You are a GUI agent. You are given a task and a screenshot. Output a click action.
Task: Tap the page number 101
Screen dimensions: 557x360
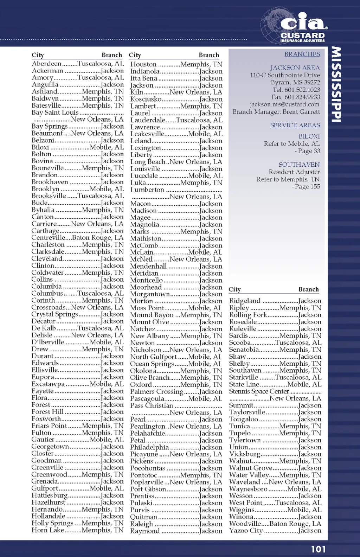tap(318, 549)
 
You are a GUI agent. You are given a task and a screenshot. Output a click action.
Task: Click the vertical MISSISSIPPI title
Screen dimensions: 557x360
tap(336, 84)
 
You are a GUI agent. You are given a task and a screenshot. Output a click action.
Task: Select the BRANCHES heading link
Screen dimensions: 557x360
tap(302, 54)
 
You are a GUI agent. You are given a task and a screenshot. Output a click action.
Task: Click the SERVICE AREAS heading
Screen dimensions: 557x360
tap(295, 125)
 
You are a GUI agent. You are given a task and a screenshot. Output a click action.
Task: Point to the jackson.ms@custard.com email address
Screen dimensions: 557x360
tap(285, 104)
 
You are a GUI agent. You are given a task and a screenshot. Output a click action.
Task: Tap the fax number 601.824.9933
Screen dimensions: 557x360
tap(302, 97)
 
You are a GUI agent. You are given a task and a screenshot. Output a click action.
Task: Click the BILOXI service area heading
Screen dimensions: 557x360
tap(309, 136)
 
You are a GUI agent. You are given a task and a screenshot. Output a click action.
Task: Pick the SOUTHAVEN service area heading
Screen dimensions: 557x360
tap(299, 165)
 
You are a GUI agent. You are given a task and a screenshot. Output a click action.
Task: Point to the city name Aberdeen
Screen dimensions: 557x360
tap(46, 64)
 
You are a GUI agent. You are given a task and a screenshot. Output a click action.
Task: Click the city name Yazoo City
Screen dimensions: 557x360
tap(246, 531)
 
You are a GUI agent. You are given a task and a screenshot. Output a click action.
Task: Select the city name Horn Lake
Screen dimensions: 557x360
tap(48, 530)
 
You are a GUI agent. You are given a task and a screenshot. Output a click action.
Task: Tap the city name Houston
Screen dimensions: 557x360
tap(143, 64)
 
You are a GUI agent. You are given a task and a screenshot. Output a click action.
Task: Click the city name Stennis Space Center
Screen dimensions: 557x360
tap(259, 391)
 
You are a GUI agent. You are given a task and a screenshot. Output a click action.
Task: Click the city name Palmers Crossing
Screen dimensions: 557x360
tap(157, 392)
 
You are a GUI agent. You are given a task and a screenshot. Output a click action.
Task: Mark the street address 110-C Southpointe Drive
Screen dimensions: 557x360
tap(285, 75)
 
